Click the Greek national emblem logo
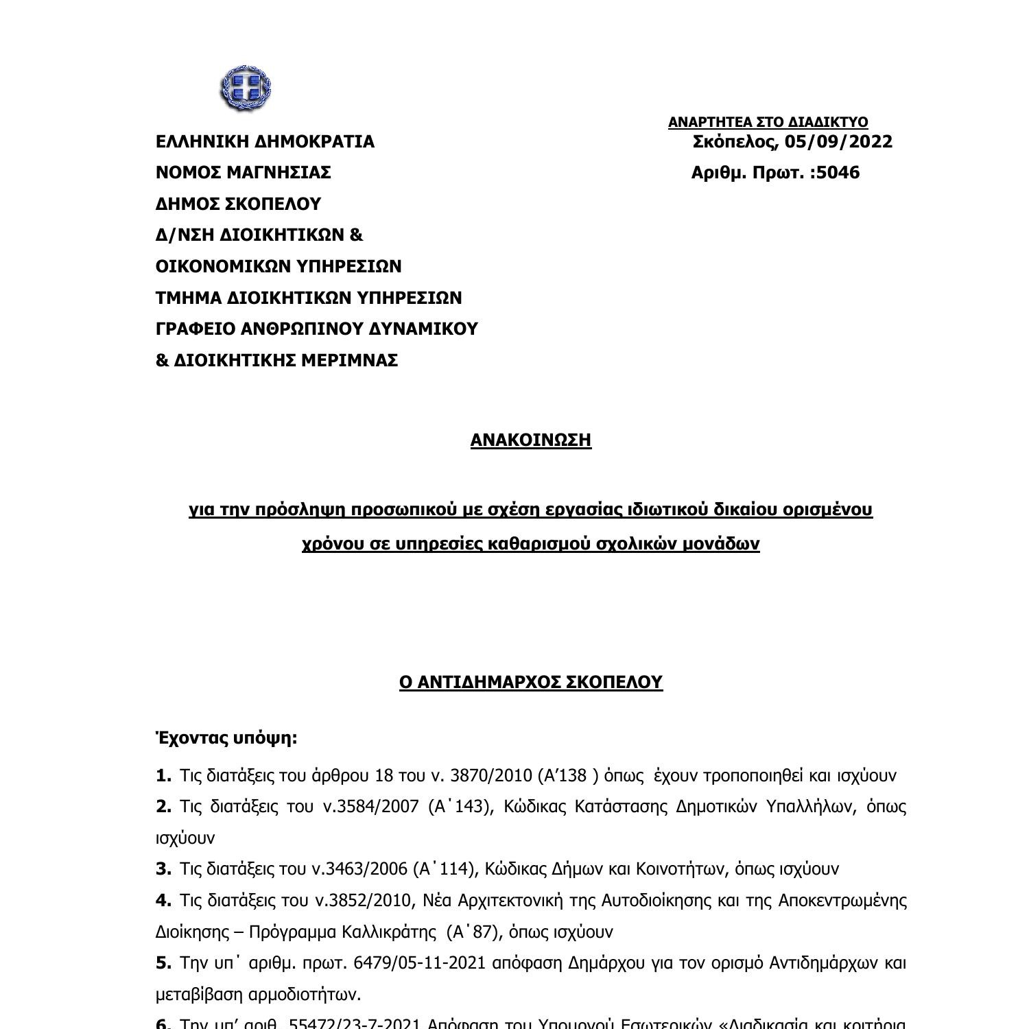[x=246, y=88]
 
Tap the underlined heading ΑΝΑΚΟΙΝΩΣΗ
[x=530, y=440]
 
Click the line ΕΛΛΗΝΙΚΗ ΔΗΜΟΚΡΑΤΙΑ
[x=265, y=142]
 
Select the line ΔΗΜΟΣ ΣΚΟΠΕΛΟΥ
[x=238, y=204]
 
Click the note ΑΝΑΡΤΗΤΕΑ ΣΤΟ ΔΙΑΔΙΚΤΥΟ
[x=768, y=122]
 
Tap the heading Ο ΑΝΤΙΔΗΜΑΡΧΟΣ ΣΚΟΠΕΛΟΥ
[x=530, y=682]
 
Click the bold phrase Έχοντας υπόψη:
[x=226, y=738]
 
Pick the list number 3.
[x=163, y=869]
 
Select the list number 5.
[x=163, y=963]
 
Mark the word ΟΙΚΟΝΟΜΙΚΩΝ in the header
[x=217, y=267]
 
